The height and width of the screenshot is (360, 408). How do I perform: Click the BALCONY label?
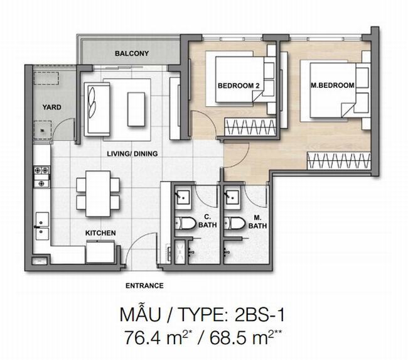point(132,53)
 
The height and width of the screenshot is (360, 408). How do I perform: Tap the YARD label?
point(52,107)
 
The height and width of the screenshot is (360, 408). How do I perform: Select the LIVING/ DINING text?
point(132,154)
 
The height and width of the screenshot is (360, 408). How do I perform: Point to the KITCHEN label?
point(100,233)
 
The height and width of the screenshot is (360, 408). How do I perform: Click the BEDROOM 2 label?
point(239,85)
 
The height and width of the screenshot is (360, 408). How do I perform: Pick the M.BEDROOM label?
point(333,85)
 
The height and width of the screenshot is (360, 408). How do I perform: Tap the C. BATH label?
point(207,221)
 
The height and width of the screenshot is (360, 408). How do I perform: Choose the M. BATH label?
point(257,222)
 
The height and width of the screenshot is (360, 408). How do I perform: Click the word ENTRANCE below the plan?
point(144,286)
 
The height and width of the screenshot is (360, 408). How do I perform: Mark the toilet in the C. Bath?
point(185,224)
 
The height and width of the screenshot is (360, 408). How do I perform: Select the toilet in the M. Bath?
point(235,224)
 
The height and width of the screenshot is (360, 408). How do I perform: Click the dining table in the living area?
point(98,194)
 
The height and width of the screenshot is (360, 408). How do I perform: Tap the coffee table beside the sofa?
point(136,109)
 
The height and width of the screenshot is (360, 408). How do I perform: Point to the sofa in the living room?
point(97,109)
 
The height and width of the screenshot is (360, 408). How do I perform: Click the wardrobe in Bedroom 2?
point(250,127)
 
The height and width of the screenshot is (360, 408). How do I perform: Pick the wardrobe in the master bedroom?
point(339,160)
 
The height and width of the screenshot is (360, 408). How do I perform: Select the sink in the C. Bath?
point(183,197)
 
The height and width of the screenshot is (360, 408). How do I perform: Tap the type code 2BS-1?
point(259,315)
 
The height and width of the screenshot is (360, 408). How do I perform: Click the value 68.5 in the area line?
point(230,338)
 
